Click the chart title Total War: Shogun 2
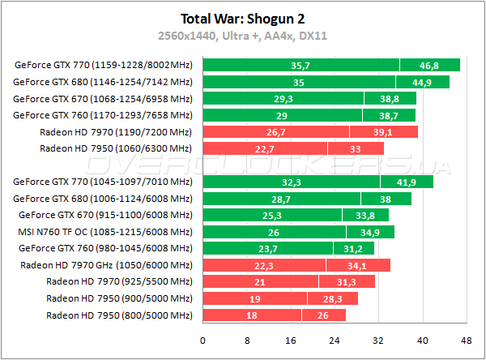tap(243, 17)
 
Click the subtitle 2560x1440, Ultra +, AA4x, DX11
tap(243, 36)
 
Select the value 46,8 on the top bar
tap(429, 66)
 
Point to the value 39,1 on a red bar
tap(382, 132)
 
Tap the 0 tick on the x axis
tap(202, 339)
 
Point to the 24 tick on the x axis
tap(334, 339)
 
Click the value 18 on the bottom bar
tap(252, 315)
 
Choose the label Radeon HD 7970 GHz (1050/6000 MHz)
tap(106, 265)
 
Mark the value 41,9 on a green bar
tap(406, 182)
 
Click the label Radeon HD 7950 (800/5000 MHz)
tap(119, 315)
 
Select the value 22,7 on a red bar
tap(264, 148)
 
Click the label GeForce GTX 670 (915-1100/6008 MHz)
tap(105, 216)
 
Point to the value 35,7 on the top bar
tap(301, 66)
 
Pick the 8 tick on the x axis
tap(246, 339)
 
